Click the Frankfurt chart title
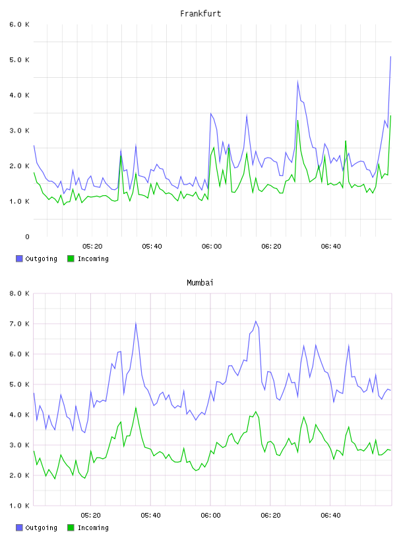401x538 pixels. point(200,13)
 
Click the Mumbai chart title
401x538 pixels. point(200,282)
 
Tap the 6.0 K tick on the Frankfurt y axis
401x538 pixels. point(19,24)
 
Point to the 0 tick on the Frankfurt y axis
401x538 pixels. point(27,237)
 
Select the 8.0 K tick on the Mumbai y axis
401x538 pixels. point(19,293)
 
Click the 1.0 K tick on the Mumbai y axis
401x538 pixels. point(19,506)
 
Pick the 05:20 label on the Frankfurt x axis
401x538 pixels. point(92,246)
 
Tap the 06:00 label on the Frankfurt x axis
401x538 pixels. point(212,246)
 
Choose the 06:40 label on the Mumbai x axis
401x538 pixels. point(330,515)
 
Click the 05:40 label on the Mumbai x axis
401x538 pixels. point(150,515)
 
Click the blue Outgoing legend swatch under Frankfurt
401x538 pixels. point(19,258)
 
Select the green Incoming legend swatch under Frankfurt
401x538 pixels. point(71,258)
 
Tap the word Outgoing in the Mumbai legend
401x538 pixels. point(41,527)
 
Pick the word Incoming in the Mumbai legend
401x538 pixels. point(93,527)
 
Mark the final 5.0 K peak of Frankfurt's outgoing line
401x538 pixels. point(390,56)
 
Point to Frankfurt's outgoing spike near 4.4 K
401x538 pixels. point(297,81)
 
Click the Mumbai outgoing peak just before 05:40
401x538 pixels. point(136,323)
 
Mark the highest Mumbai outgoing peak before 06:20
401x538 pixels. point(256,321)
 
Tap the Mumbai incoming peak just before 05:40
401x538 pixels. point(136,407)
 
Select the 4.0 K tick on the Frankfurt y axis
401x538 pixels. point(19,95)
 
